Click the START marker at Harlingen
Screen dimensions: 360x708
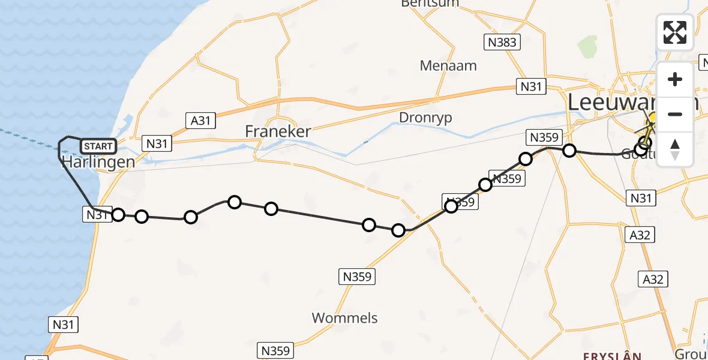(97, 146)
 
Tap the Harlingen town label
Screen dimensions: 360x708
(98, 162)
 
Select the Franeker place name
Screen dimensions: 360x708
(278, 131)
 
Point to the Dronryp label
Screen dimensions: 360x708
(425, 117)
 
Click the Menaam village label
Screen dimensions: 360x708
(448, 65)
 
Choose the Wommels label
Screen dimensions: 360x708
(345, 317)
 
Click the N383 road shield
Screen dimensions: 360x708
(502, 41)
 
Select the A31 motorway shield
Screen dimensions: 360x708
(200, 121)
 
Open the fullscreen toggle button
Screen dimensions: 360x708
(675, 32)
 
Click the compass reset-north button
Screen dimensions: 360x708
(675, 149)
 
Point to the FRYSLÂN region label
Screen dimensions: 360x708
(611, 356)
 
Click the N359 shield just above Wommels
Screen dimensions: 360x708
(357, 277)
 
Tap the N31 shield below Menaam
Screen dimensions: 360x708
(530, 86)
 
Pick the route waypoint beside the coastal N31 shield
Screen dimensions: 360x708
(118, 215)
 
